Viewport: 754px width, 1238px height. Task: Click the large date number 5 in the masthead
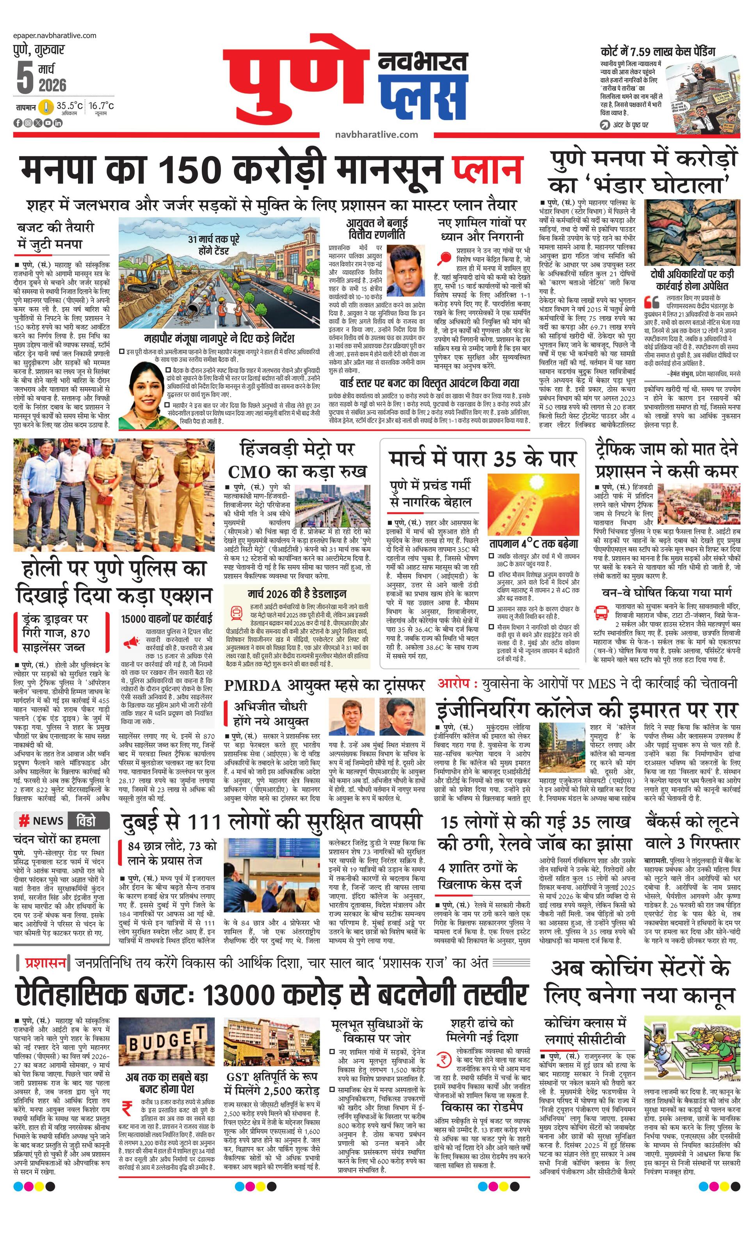point(24,78)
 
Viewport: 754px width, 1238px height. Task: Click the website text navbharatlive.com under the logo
point(376,134)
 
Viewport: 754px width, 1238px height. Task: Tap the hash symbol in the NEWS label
point(23,820)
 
